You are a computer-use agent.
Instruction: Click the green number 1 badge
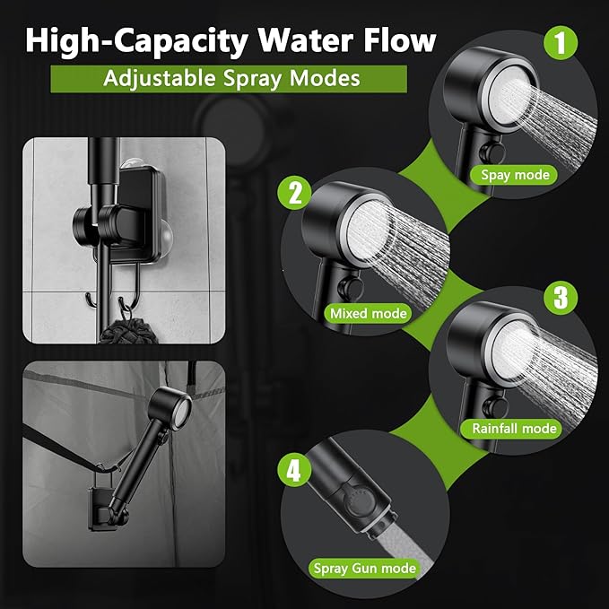[560, 43]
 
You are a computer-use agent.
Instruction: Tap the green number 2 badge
[294, 193]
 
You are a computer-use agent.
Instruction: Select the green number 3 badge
[560, 298]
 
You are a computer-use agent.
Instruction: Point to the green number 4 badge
[294, 471]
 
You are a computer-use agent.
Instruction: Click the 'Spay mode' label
[514, 175]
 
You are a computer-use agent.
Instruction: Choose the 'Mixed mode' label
[368, 313]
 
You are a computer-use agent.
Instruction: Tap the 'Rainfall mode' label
[511, 429]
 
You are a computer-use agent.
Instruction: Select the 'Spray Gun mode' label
[364, 569]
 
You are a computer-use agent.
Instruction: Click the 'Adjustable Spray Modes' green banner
[229, 79]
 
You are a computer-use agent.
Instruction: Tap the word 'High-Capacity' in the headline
[136, 42]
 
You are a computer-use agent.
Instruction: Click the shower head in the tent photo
[170, 408]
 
